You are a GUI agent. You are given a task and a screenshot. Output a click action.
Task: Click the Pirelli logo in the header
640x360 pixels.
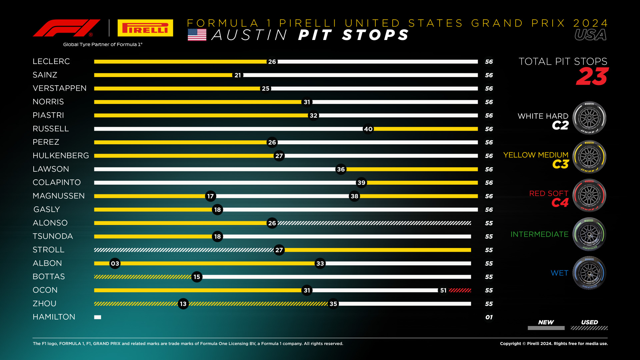tap(145, 28)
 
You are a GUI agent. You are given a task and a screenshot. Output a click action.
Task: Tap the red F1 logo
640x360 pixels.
tap(66, 28)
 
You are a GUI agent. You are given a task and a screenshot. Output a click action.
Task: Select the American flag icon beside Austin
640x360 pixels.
tap(197, 35)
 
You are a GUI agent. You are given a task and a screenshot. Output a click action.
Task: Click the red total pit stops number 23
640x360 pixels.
tap(592, 77)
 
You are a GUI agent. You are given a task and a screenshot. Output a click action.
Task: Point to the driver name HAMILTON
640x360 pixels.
tap(54, 317)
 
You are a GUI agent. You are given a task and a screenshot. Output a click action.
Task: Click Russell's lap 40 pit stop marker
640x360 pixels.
tap(368, 129)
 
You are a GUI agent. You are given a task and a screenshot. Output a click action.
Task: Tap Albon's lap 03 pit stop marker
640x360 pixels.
tap(115, 263)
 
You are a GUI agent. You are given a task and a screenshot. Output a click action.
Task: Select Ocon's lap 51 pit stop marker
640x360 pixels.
tap(443, 290)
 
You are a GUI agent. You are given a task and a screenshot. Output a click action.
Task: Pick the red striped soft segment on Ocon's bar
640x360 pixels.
tap(460, 290)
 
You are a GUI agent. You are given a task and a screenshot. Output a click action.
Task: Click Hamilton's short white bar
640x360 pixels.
tap(98, 317)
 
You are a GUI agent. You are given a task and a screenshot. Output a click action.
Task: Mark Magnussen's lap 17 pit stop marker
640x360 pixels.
tap(210, 196)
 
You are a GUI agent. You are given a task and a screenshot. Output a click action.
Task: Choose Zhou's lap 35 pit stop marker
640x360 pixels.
tap(333, 304)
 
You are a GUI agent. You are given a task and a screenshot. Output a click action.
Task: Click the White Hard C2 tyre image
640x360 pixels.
tap(589, 118)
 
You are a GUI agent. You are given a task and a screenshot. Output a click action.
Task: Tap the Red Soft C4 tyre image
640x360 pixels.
tap(589, 196)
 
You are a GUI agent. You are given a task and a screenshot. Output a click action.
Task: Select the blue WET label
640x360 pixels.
tap(559, 273)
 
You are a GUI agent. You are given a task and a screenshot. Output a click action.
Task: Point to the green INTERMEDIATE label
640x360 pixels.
tap(539, 234)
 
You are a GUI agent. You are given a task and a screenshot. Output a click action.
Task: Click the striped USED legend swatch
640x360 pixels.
tap(589, 328)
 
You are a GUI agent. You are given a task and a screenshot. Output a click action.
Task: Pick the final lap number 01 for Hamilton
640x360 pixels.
tap(489, 317)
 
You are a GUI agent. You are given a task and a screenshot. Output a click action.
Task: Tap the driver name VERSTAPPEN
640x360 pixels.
tap(60, 88)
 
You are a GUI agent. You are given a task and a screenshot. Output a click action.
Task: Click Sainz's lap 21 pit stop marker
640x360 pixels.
tap(238, 75)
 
